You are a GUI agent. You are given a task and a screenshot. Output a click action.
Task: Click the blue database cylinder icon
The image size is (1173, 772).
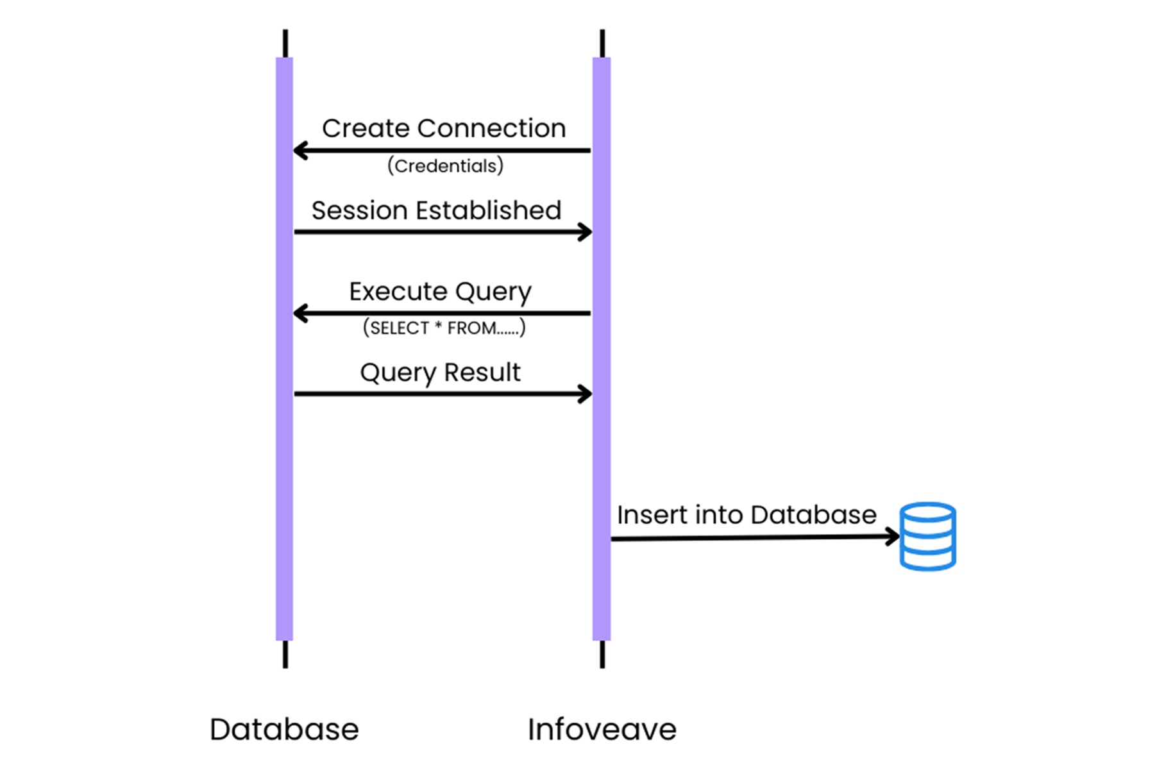(x=927, y=537)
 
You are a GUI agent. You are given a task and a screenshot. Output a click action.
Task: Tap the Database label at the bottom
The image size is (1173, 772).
(x=284, y=729)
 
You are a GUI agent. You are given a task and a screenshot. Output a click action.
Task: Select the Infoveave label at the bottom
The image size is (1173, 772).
(x=602, y=729)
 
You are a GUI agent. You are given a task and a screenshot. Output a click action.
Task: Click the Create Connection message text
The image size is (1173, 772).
(x=444, y=128)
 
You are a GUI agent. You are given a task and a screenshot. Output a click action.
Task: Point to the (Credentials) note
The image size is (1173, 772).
(x=445, y=166)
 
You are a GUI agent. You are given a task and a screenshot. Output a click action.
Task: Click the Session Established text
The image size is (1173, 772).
(x=436, y=210)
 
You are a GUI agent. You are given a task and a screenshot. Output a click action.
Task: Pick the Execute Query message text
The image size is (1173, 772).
(x=440, y=292)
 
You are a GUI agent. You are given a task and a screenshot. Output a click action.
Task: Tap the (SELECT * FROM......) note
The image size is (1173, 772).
(x=444, y=328)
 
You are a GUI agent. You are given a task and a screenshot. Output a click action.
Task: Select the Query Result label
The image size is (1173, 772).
(x=440, y=373)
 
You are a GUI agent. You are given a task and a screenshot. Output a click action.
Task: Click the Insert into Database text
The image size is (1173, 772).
(x=746, y=515)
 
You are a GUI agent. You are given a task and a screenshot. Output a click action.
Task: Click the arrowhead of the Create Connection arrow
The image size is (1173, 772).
(x=299, y=151)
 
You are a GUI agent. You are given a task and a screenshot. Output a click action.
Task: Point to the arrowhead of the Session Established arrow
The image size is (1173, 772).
(x=585, y=232)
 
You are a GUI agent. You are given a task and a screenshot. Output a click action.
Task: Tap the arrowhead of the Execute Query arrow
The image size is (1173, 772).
(x=299, y=314)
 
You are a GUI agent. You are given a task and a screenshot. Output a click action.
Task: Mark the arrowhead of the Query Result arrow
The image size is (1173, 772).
(x=585, y=394)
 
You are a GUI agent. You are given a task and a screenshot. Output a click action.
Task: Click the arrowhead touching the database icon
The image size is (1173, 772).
(x=893, y=537)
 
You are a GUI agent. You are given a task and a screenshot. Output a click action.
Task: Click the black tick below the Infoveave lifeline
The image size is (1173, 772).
(x=602, y=655)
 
